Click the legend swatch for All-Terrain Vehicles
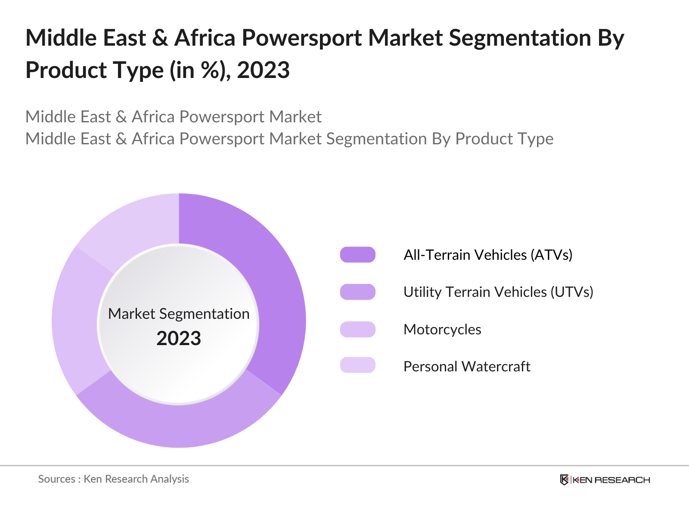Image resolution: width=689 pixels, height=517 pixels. point(357,255)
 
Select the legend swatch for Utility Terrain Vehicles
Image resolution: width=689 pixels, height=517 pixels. point(357,292)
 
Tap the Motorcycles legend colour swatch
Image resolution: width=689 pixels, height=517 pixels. point(357,329)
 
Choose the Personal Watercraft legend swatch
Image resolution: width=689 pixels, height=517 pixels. point(357,365)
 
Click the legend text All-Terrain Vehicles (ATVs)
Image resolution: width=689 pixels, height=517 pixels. point(487,255)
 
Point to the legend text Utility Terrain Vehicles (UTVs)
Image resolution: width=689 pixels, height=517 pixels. point(498,292)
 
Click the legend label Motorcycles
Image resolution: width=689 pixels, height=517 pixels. point(442,329)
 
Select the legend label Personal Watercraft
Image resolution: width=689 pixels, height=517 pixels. point(466,366)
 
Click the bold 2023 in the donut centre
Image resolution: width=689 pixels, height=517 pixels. point(179,338)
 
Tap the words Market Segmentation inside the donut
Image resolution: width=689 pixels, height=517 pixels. point(179,314)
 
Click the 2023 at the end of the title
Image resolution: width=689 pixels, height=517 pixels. point(263,70)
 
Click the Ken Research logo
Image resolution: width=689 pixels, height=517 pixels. point(605,480)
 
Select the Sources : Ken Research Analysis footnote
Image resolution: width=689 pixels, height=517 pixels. point(114,479)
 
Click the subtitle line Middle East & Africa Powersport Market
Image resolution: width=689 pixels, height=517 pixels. point(173,117)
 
